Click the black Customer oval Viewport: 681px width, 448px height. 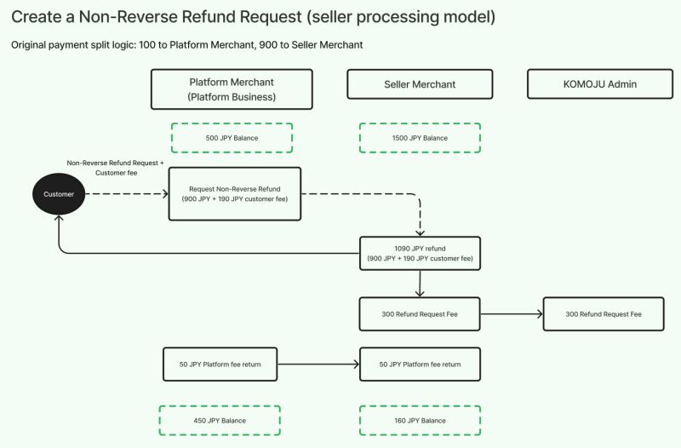59,194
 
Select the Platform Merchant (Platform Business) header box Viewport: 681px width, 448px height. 232,89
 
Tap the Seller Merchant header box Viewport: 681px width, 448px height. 420,84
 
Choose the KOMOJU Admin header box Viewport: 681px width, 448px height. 600,84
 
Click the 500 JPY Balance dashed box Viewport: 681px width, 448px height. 232,138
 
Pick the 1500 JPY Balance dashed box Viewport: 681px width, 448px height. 420,138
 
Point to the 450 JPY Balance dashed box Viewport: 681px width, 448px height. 220,421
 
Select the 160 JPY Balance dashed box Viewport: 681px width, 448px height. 420,421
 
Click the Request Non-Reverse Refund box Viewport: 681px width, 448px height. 234,194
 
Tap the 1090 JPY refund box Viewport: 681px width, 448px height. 420,253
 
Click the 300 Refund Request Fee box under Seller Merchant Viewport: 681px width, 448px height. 420,314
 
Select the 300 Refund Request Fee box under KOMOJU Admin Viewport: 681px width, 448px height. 604,314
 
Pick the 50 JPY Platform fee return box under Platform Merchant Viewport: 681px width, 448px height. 220,365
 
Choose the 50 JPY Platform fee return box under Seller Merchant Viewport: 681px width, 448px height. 420,365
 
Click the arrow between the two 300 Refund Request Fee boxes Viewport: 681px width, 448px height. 511,314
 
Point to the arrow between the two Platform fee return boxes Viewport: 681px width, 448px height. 319,365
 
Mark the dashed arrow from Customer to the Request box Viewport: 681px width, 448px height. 128,194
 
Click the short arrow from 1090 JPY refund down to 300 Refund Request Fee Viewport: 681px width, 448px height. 420,284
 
